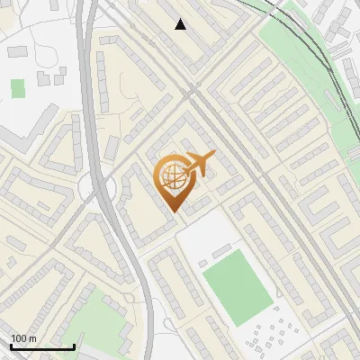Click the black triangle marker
(181, 24)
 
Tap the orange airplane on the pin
(198, 164)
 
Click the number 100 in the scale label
(19, 337)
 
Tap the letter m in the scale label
(32, 337)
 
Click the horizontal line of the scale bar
(41, 346)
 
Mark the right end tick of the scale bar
(74, 346)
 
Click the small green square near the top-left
(18, 88)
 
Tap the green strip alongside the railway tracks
(297, 54)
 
